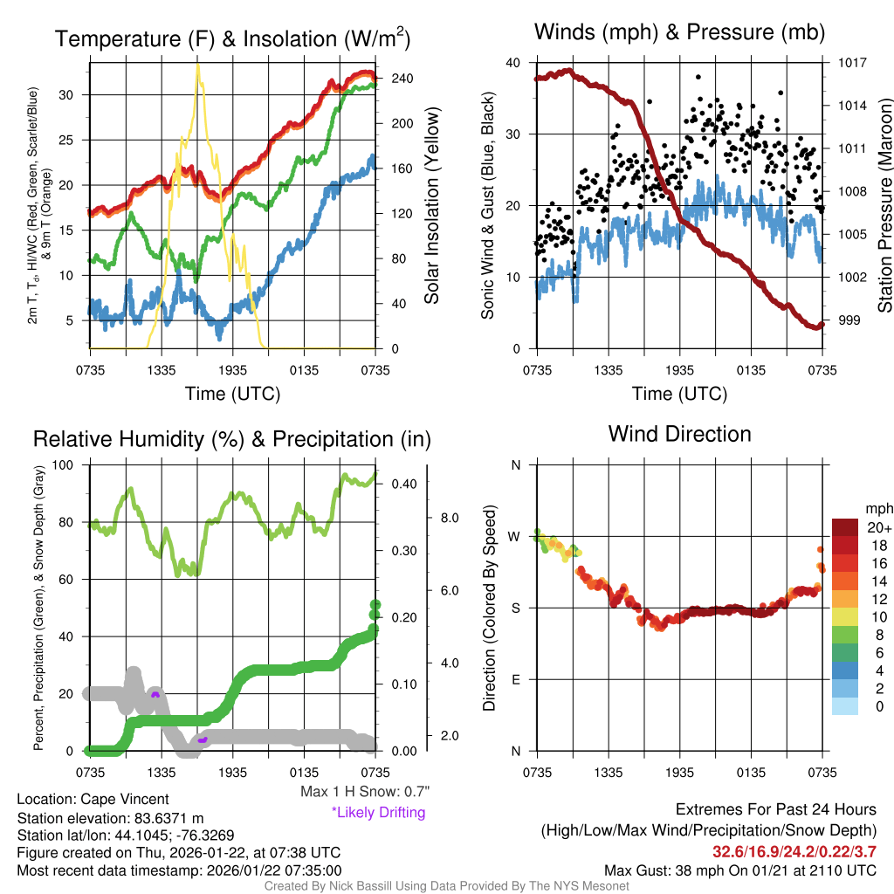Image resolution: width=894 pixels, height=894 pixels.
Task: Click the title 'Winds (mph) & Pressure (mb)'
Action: [679, 33]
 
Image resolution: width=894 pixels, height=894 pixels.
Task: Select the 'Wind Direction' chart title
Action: [679, 434]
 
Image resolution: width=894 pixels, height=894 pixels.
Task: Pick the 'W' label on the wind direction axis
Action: [515, 536]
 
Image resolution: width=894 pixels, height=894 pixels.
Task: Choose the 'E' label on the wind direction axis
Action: [515, 679]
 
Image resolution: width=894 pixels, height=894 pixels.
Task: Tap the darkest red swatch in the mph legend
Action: [846, 527]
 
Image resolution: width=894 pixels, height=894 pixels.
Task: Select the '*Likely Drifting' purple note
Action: [378, 813]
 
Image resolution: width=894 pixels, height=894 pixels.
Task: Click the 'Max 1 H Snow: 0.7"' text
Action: [365, 792]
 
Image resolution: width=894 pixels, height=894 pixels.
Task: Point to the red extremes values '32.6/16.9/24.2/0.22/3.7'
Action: [794, 851]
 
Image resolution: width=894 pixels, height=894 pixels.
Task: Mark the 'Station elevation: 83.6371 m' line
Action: [110, 817]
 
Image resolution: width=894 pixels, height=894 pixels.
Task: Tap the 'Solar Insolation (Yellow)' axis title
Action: [432, 206]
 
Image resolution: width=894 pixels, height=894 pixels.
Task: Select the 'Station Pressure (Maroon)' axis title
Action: [884, 206]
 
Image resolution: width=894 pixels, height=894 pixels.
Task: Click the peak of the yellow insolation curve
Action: [198, 65]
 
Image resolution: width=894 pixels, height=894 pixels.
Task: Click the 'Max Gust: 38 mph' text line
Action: [740, 870]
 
